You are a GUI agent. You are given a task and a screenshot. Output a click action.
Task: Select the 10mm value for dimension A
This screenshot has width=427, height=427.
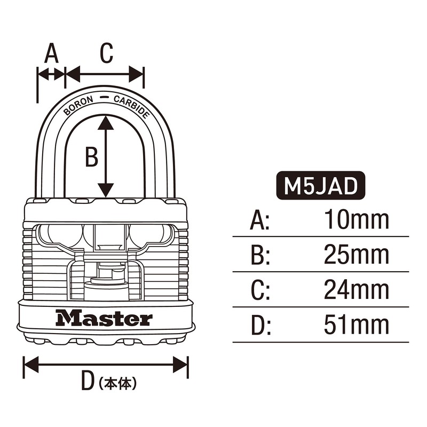pos(357,220)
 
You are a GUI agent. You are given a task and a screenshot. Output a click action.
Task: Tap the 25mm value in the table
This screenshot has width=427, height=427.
pos(357,256)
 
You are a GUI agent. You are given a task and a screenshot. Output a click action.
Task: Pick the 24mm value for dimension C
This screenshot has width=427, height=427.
pos(357,291)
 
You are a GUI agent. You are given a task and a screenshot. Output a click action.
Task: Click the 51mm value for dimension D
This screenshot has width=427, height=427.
pos(357,326)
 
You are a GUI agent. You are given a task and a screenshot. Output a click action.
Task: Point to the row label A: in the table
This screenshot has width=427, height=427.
pos(260,220)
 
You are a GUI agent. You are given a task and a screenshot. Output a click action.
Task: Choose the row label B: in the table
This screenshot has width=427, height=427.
pos(260,256)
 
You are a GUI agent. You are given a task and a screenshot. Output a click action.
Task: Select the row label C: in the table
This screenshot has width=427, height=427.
pos(260,291)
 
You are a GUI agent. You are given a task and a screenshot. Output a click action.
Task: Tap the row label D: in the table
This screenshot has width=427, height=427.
pos(260,326)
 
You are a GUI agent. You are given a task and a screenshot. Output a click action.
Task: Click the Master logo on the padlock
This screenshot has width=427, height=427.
pos(105,319)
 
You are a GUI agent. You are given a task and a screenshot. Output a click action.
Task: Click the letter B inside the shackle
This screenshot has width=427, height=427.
pos(92,157)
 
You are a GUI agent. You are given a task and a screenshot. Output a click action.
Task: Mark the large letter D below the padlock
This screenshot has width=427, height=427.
pos(86,383)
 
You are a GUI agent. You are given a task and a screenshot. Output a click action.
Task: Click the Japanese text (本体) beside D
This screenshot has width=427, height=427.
pos(118,383)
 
